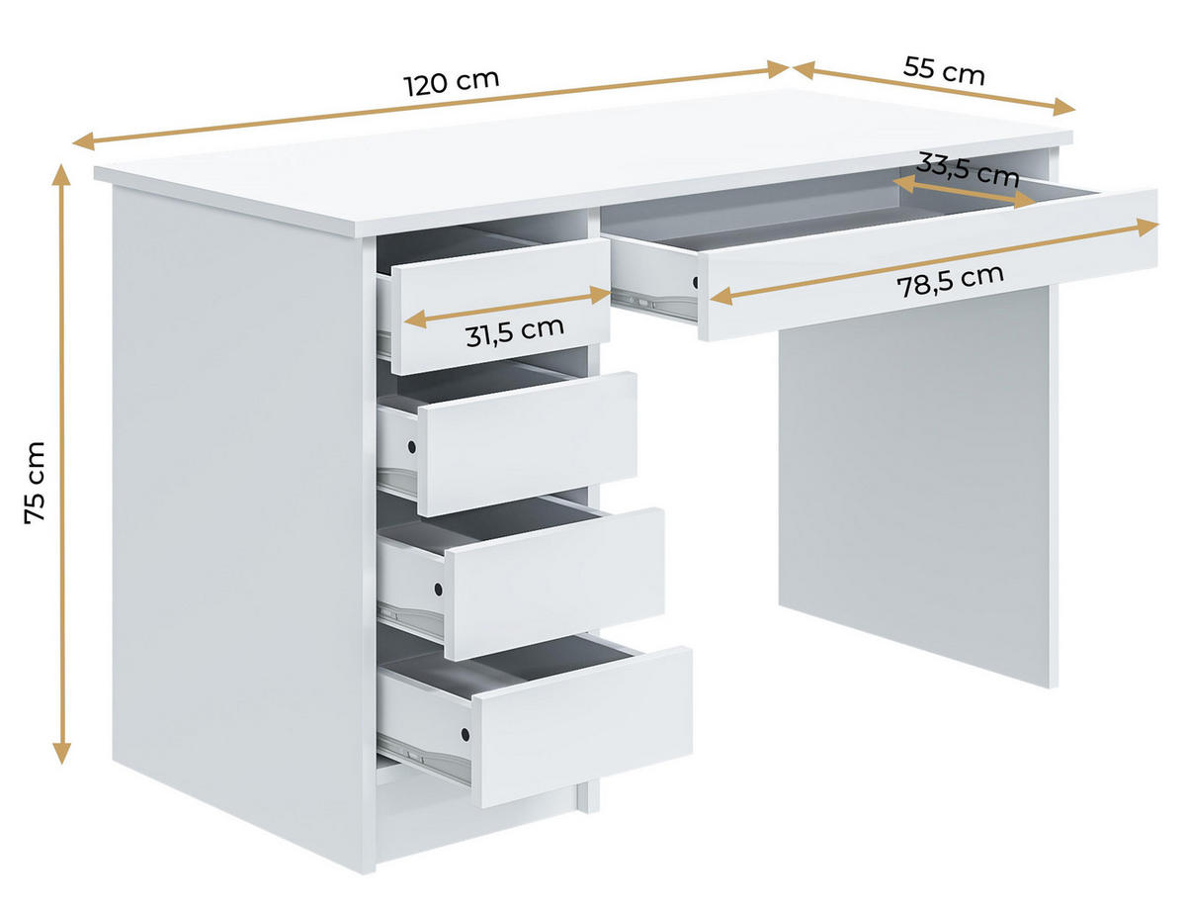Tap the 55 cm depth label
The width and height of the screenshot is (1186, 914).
point(944,71)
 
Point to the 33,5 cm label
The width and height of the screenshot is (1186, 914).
point(968,170)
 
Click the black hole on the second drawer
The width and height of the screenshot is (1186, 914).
point(410,448)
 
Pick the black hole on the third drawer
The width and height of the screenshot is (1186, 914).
point(437,591)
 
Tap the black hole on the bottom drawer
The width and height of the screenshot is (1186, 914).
point(464,734)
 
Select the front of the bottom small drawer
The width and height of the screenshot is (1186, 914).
point(583,727)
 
